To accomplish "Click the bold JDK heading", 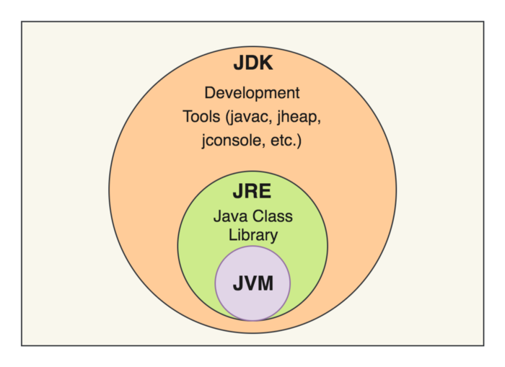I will point(252,63).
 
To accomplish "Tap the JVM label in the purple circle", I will point(252,283).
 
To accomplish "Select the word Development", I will point(252,93).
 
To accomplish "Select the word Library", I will point(252,234).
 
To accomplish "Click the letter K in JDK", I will point(265,63).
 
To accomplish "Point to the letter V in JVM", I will point(251,283).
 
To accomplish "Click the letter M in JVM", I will point(265,283).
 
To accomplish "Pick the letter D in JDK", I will point(252,63).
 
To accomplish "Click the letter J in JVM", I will point(238,283).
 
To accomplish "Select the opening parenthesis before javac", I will point(223,117).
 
